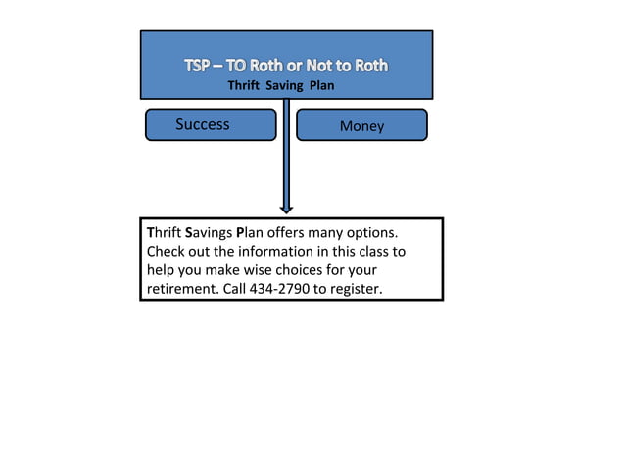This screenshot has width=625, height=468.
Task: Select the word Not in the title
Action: (x=319, y=66)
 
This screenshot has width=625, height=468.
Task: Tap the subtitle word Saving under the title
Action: (x=286, y=85)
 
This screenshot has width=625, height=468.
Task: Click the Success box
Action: (x=211, y=124)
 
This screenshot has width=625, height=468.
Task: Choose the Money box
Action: (x=361, y=125)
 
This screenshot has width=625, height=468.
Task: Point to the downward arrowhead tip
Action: (x=286, y=211)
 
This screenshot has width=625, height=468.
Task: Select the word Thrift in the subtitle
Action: (x=244, y=85)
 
